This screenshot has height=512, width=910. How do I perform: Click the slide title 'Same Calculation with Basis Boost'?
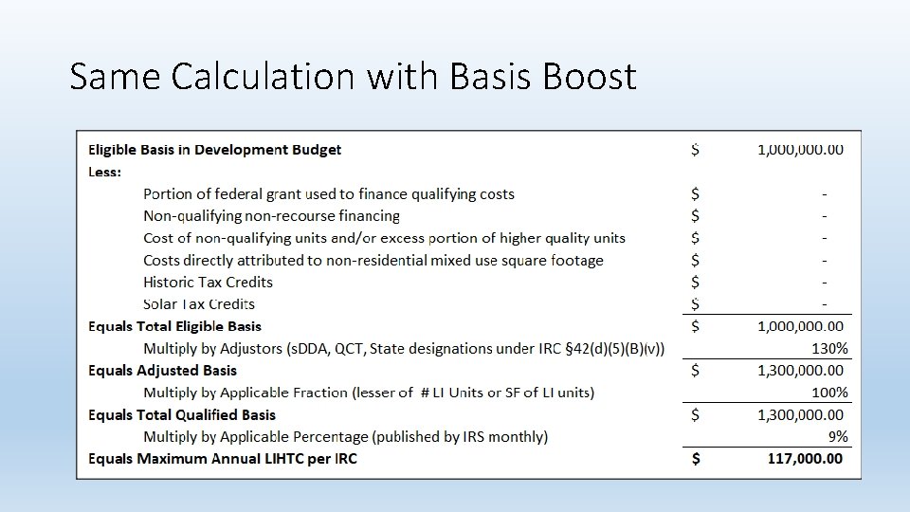pos(353,76)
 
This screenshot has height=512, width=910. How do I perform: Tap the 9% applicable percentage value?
pos(838,437)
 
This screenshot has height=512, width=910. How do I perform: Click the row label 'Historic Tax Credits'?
pos(208,282)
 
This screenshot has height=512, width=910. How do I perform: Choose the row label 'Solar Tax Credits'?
pos(199,304)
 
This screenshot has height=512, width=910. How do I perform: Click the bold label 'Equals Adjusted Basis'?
pos(162,370)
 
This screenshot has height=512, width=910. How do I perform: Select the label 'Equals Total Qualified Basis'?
pos(182,414)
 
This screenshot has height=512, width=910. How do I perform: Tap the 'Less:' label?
pos(104,172)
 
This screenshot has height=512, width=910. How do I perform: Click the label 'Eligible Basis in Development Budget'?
pos(214,149)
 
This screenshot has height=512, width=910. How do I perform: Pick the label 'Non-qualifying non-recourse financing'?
pos(271,216)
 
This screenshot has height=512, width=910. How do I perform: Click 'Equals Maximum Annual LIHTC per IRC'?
pos(223,459)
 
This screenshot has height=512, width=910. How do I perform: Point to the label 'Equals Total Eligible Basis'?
pos(174,326)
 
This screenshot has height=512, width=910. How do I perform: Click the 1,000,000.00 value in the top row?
pos(799,149)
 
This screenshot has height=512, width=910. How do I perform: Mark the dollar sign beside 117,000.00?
pos(697,459)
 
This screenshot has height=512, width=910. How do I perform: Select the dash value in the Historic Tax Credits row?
pos(825,282)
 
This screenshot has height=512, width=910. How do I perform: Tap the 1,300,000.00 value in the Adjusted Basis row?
pos(799,370)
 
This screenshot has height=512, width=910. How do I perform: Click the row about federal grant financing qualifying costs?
pos(328,193)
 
